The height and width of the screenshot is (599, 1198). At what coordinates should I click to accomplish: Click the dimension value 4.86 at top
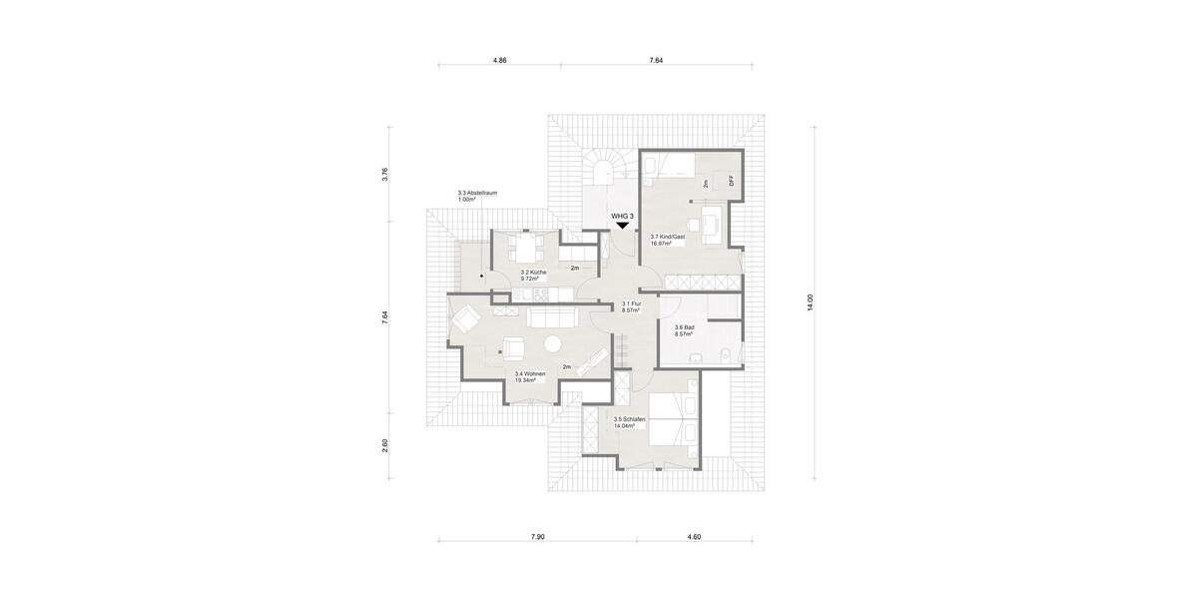coord(500,61)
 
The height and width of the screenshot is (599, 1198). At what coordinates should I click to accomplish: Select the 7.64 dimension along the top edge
coord(656,61)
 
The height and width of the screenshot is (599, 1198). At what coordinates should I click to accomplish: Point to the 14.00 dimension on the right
coord(811,304)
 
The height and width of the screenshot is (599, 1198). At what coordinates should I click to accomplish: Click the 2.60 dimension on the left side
coord(385,445)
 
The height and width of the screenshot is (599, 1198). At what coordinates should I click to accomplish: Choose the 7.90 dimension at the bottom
coord(537,537)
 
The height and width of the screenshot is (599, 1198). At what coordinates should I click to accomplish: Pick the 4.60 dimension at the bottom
coord(694,537)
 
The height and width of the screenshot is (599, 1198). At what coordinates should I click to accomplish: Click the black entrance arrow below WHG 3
coord(622,226)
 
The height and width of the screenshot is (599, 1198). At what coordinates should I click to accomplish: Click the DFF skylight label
coord(731,181)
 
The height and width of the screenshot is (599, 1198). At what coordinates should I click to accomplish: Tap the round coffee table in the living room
coord(552,344)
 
